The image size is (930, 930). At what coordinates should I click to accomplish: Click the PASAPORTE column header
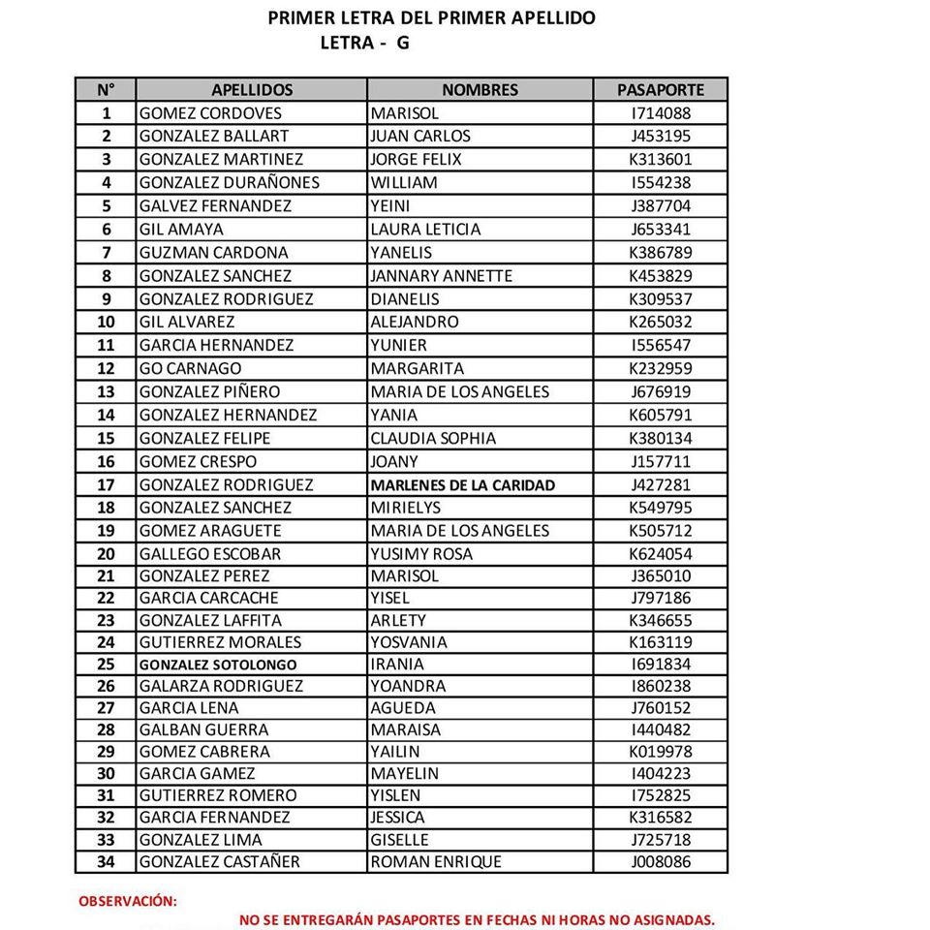tap(660, 90)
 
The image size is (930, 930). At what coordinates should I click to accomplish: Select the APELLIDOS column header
tap(252, 90)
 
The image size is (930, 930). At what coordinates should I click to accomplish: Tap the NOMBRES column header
tap(480, 90)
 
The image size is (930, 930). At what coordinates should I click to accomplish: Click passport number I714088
tap(660, 113)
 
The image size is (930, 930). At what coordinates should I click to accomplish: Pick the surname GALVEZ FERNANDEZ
tap(216, 205)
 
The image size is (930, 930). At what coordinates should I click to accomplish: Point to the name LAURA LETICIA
tap(425, 230)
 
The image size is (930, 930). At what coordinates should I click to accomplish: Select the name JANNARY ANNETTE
tap(441, 276)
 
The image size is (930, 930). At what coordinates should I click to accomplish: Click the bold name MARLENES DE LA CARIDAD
tap(462, 485)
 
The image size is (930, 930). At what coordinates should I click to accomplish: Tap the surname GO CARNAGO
tap(190, 368)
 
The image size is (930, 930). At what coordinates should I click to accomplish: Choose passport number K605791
tap(660, 415)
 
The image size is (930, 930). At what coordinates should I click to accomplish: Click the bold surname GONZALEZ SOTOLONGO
tap(218, 666)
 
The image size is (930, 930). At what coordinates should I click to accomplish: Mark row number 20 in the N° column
tap(106, 554)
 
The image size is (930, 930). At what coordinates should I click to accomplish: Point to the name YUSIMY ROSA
tap(421, 554)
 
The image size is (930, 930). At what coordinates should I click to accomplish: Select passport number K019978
tap(660, 752)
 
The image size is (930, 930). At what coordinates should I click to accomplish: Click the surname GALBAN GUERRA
tap(203, 729)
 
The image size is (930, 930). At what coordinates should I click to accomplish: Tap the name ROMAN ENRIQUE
tap(436, 862)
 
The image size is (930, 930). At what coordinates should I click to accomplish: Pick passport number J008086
tap(660, 862)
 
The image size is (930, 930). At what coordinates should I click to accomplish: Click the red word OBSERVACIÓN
tap(128, 901)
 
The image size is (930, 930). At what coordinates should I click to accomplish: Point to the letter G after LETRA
tap(402, 44)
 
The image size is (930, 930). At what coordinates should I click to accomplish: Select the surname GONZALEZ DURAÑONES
tap(229, 183)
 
